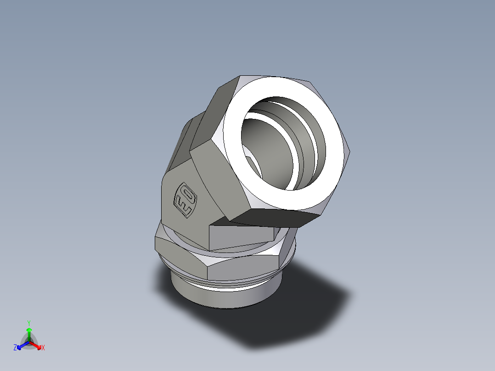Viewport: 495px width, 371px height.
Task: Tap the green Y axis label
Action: (28, 322)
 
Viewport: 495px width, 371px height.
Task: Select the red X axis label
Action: (43, 348)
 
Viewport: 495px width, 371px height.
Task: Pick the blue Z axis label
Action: (15, 348)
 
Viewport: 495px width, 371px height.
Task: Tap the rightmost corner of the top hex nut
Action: (351, 154)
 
